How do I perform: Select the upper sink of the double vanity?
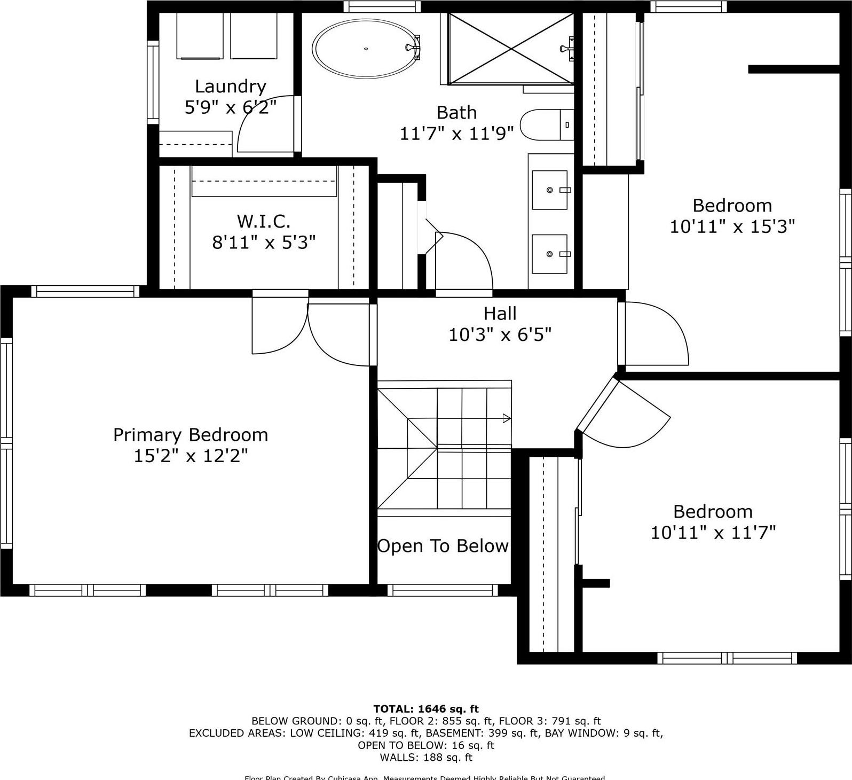(550, 190)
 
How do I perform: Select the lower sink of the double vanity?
(550, 254)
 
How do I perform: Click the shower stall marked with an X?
(511, 49)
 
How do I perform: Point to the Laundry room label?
(230, 86)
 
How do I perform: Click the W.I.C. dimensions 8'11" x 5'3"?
(264, 243)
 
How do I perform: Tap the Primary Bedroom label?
(191, 435)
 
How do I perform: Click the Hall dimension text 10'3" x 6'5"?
(500, 335)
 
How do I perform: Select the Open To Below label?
(443, 546)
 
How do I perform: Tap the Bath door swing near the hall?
(463, 262)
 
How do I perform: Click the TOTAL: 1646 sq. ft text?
(425, 709)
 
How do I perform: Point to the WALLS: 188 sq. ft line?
(425, 757)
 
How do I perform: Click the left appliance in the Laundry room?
(199, 36)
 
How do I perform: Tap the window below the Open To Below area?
(443, 590)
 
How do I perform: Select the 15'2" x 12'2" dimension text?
(191, 456)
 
